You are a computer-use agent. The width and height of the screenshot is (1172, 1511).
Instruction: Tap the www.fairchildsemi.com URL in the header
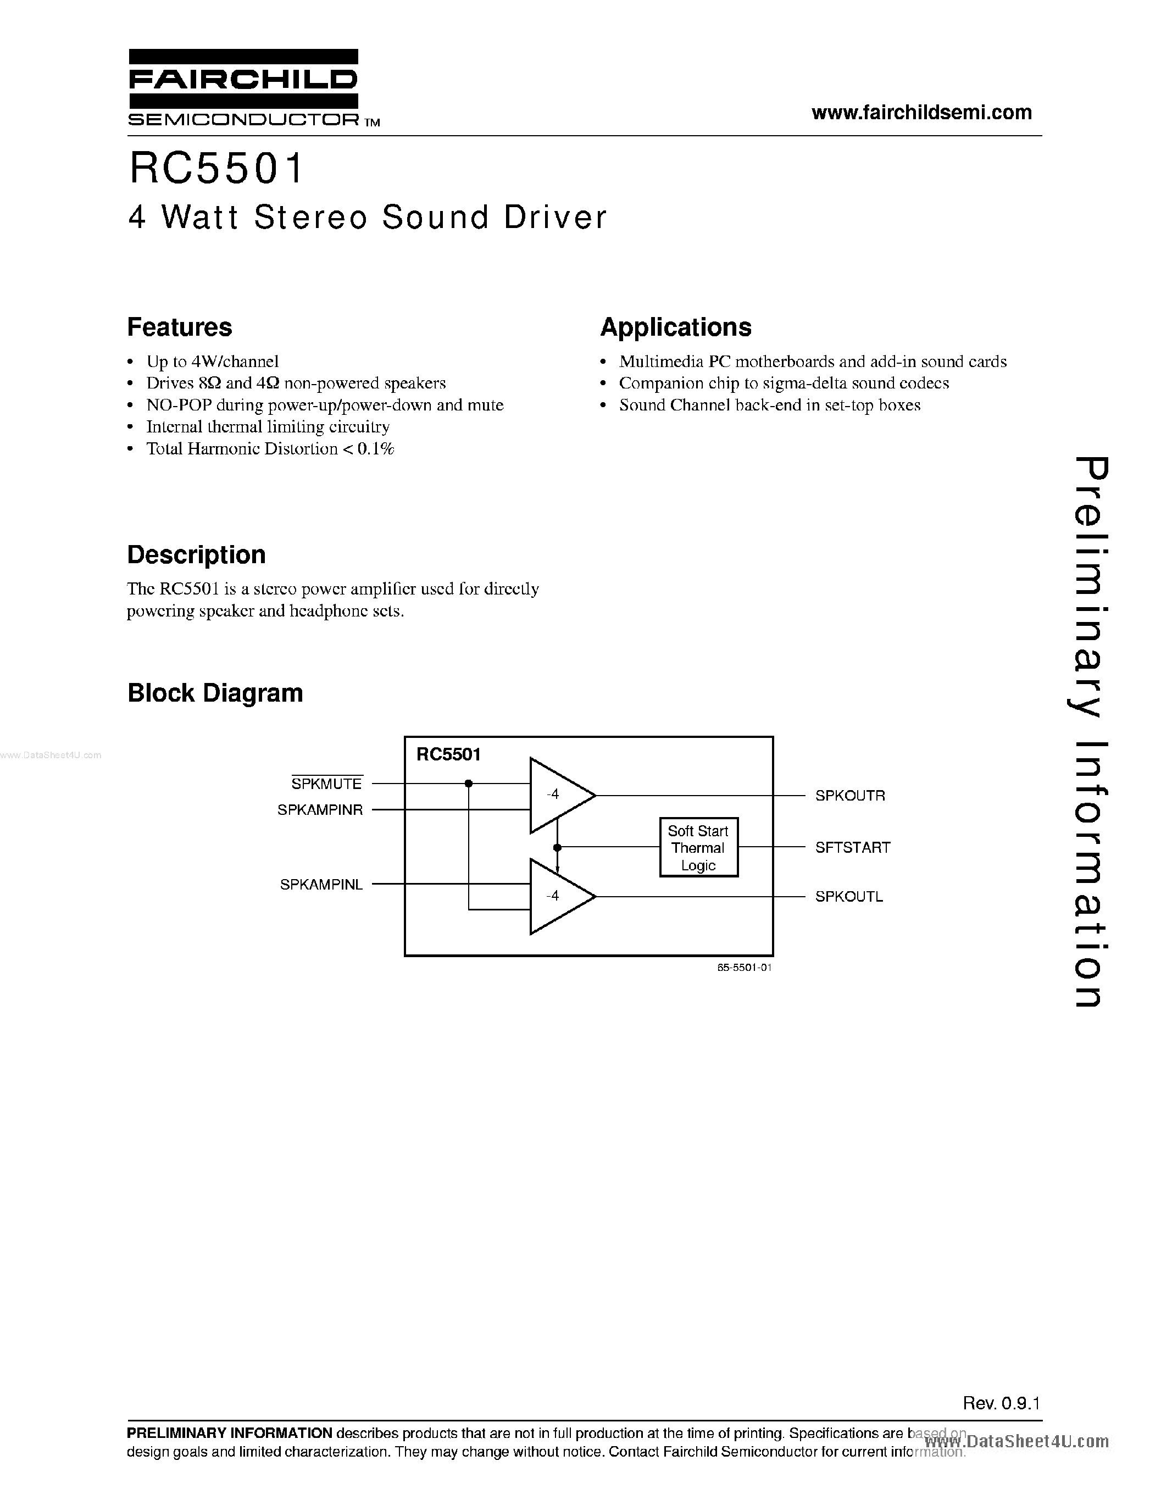pos(921,113)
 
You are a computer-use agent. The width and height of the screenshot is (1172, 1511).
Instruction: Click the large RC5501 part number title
pos(216,169)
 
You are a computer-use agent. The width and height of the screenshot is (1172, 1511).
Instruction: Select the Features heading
pos(180,327)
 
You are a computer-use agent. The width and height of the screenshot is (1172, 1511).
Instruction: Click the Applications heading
pos(676,327)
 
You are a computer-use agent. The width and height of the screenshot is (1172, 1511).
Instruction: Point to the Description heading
pos(197,555)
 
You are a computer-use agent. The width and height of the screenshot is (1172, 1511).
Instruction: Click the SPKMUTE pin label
pos(326,784)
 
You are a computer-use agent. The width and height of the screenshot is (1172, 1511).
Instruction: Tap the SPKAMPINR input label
pos(320,809)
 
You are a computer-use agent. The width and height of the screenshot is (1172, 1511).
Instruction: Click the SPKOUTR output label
pos(850,796)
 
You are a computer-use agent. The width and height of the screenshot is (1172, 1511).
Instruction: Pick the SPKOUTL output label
pos(849,897)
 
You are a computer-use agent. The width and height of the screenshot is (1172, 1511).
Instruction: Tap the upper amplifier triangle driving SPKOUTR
pos(557,796)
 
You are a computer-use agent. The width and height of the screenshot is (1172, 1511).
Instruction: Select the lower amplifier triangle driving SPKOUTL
pos(557,897)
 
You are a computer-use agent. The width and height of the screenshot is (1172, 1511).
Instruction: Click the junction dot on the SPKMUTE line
pos(468,783)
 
